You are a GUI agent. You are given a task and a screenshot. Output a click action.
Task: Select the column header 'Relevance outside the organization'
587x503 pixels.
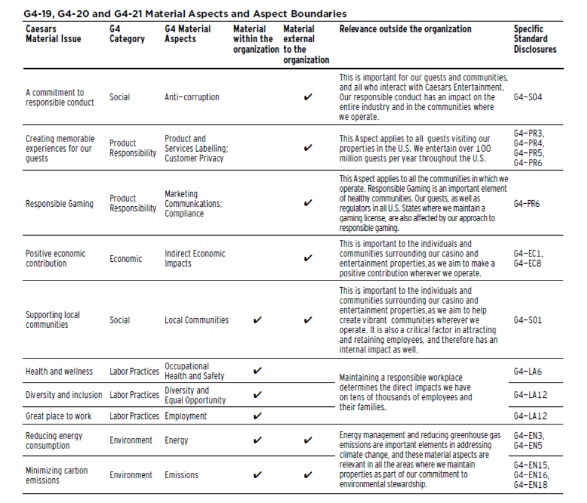click(x=405, y=29)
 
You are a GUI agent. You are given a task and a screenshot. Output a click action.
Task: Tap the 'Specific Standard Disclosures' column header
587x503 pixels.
click(x=534, y=39)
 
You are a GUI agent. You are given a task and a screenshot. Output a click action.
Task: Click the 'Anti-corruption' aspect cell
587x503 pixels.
click(x=192, y=97)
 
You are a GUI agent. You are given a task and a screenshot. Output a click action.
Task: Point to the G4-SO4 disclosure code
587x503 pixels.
click(x=528, y=97)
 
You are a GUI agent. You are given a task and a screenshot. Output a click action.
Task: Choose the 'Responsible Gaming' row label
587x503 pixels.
click(x=59, y=204)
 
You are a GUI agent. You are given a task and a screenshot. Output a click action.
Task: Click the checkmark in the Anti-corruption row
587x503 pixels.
click(x=308, y=97)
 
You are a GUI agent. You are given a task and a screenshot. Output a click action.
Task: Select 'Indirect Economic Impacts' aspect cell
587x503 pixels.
click(x=195, y=259)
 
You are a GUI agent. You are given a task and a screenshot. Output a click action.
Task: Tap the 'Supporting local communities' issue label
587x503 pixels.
click(x=53, y=320)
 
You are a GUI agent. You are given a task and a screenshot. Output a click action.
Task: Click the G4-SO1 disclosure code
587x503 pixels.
click(x=528, y=320)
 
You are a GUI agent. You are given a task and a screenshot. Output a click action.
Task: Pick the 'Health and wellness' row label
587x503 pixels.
click(x=59, y=371)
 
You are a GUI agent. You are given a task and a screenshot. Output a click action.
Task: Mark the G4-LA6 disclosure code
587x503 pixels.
click(x=528, y=371)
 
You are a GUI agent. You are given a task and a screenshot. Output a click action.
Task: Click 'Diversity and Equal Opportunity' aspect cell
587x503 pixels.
click(x=195, y=395)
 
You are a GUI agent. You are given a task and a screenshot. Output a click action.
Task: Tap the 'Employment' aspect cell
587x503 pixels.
click(x=185, y=416)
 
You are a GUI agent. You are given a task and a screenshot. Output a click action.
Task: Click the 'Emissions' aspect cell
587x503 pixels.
click(x=181, y=475)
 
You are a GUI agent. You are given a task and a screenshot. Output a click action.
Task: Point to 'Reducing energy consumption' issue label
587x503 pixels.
click(x=54, y=441)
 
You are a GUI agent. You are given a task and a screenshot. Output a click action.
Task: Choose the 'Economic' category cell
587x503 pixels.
click(x=126, y=259)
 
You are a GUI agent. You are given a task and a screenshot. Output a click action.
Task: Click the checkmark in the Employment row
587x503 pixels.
click(x=257, y=416)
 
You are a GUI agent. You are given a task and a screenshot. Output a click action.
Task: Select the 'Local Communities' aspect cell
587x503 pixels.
click(x=197, y=320)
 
